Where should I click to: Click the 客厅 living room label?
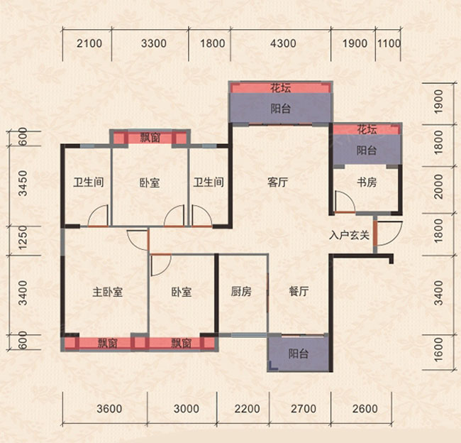point(277,182)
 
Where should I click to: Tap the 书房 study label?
point(366,182)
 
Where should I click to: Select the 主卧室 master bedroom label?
point(108,292)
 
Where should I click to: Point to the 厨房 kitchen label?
point(241,292)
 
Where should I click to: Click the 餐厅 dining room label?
point(299,292)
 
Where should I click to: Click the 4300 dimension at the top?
point(282,44)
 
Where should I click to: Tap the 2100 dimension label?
point(89,44)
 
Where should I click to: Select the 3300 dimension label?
point(154,44)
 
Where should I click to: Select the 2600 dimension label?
point(365,409)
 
